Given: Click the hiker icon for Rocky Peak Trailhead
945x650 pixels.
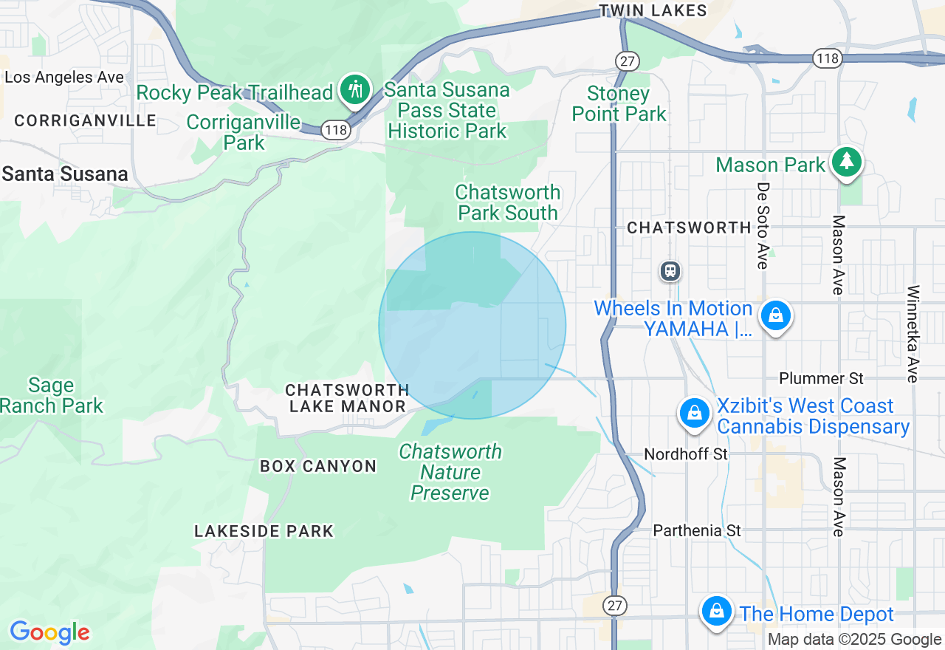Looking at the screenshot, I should [x=355, y=90].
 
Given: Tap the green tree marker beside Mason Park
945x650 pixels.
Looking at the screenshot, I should [x=846, y=162].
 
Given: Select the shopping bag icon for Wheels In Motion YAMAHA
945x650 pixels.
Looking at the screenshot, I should [x=775, y=316].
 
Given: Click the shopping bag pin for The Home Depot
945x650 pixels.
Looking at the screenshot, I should [x=716, y=612].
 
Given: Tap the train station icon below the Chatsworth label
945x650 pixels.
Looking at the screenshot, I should [x=670, y=271].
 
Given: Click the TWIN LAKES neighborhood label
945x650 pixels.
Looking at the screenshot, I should [x=653, y=10].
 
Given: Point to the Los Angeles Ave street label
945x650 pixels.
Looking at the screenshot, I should [x=64, y=78].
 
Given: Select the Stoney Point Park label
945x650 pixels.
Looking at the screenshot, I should [x=619, y=104].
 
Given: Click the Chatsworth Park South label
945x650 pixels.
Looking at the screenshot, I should [x=508, y=202].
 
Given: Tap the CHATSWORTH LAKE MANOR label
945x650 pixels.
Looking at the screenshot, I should [x=347, y=398].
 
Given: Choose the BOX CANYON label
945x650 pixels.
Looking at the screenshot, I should [x=318, y=467].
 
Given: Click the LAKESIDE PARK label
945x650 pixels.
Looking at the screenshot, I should [x=264, y=531].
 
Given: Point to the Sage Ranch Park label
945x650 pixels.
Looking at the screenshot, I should [x=52, y=396].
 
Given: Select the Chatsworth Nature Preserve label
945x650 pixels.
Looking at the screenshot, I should [x=450, y=472].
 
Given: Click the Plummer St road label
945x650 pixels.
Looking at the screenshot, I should [x=821, y=379].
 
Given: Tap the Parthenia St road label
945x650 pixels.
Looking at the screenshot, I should [x=697, y=531].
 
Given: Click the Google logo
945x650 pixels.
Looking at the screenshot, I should [x=49, y=632].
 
